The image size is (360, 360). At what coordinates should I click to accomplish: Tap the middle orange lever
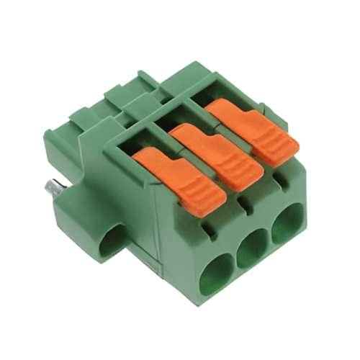[x=216, y=155]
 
